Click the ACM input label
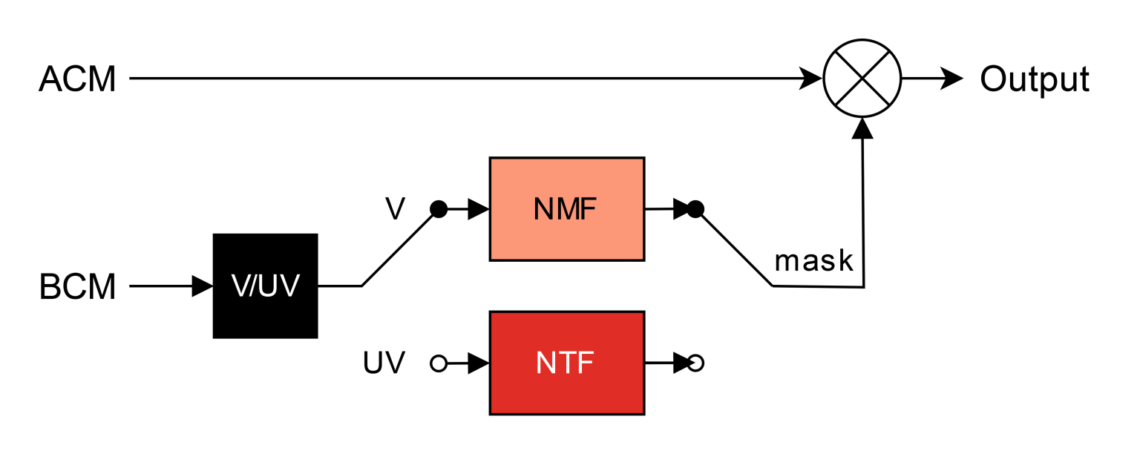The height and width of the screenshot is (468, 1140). [x=77, y=79]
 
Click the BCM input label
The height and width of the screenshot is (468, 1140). [x=77, y=287]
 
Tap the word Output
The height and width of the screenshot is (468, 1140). [x=1035, y=79]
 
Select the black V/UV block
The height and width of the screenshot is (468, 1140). [x=265, y=286]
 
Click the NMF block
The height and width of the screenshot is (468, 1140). [x=566, y=209]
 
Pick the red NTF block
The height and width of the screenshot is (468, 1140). [x=566, y=363]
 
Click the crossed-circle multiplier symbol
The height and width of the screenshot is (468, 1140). [x=862, y=78]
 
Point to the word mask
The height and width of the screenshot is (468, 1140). [x=813, y=261]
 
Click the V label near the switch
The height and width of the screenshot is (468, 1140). [x=395, y=209]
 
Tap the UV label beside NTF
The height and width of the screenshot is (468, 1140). [x=384, y=363]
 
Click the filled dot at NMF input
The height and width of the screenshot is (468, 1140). [x=439, y=209]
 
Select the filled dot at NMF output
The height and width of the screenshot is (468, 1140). [x=695, y=209]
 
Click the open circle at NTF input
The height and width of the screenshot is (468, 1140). [x=439, y=363]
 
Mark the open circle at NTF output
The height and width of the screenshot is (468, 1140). [x=695, y=363]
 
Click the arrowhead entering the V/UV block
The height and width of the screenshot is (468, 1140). [x=202, y=286]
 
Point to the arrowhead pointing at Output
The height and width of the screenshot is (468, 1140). [x=951, y=78]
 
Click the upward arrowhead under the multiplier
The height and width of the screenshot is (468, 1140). [x=862, y=128]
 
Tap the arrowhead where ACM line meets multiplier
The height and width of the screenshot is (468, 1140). [x=810, y=78]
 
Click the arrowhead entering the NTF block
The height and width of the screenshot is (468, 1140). [x=478, y=363]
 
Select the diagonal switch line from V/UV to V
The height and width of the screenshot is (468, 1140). [x=399, y=248]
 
